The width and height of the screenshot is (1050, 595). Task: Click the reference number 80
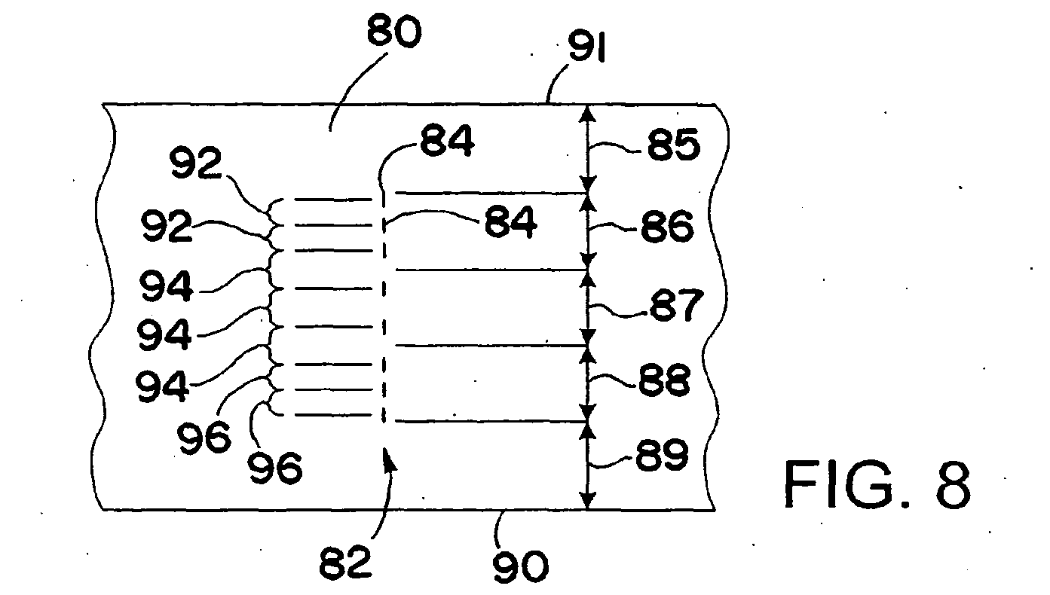pyautogui.click(x=393, y=32)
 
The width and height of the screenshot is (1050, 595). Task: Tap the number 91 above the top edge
pyautogui.click(x=587, y=47)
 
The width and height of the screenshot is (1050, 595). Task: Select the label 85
pyautogui.click(x=674, y=145)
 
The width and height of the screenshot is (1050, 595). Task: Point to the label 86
pyautogui.click(x=667, y=226)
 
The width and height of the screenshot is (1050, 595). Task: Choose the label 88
pyautogui.click(x=664, y=379)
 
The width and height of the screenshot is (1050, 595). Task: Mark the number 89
pyautogui.click(x=662, y=454)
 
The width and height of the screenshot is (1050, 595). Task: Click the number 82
pyautogui.click(x=345, y=561)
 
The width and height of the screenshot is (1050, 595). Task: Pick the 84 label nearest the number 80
pyautogui.click(x=447, y=141)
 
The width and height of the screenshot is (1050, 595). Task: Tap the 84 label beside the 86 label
pyautogui.click(x=510, y=221)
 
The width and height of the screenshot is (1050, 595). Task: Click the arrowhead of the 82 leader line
pyautogui.click(x=389, y=457)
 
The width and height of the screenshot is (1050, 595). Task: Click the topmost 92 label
pyautogui.click(x=195, y=162)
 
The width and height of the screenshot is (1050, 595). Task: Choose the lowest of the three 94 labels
pyautogui.click(x=162, y=386)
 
